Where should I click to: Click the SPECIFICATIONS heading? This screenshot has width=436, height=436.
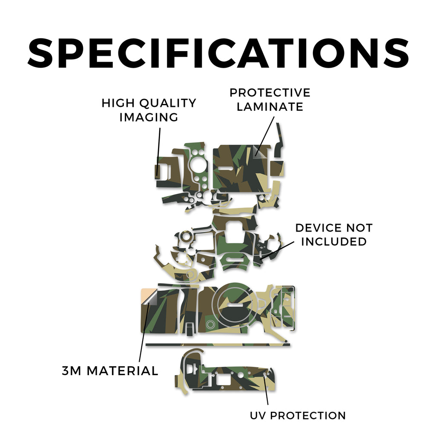[x=218, y=53]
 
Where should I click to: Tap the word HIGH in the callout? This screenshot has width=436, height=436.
[x=118, y=103]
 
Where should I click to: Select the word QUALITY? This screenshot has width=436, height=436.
[x=168, y=103]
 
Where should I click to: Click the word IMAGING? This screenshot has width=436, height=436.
[x=149, y=117]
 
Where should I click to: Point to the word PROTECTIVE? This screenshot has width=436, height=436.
[x=270, y=93]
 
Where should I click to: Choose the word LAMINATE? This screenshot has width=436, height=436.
[x=270, y=107]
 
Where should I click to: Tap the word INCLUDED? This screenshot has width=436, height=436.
[x=334, y=242]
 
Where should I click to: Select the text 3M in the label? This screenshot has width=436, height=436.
[x=72, y=371]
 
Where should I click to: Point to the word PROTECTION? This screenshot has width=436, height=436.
[x=308, y=416]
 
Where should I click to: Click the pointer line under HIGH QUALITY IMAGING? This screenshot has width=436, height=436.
[x=159, y=152]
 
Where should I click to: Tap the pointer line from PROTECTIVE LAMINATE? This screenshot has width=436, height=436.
[x=265, y=136]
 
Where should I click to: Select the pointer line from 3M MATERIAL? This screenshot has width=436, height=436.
[x=144, y=333]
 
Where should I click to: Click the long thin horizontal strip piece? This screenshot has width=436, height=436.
[x=218, y=345]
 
